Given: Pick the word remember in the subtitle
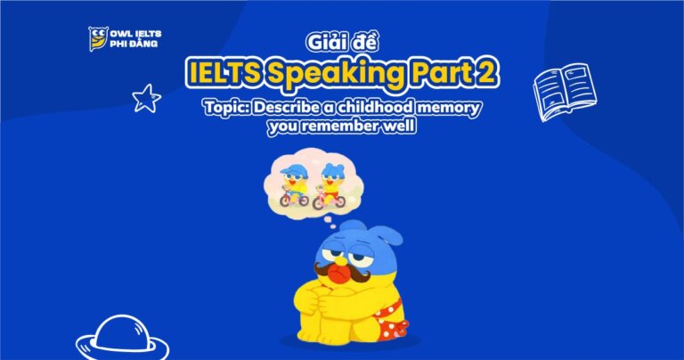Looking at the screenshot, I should pyautogui.click(x=352, y=127).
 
